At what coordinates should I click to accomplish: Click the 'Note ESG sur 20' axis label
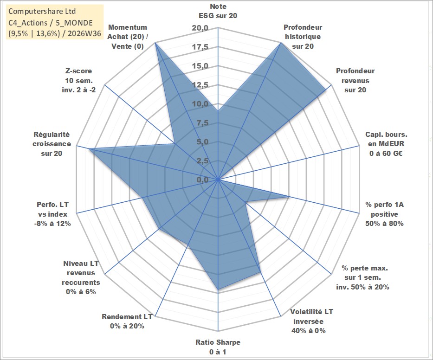point(218,11)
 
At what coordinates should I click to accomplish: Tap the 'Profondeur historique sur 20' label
point(303,37)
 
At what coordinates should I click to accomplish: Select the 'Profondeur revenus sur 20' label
point(355,80)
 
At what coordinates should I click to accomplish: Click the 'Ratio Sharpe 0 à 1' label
point(218,347)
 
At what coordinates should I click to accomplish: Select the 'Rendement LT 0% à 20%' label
point(127,321)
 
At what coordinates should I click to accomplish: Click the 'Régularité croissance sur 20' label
point(52,144)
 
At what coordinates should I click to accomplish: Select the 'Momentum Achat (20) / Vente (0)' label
point(128,37)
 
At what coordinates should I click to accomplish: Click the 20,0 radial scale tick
point(200,28)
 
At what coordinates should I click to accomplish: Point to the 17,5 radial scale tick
point(200,47)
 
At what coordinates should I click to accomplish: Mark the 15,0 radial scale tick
point(200,66)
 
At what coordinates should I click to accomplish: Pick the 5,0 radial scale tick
point(202,142)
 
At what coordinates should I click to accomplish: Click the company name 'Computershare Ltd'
point(42,11)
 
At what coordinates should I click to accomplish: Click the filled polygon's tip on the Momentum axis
point(155,43)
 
